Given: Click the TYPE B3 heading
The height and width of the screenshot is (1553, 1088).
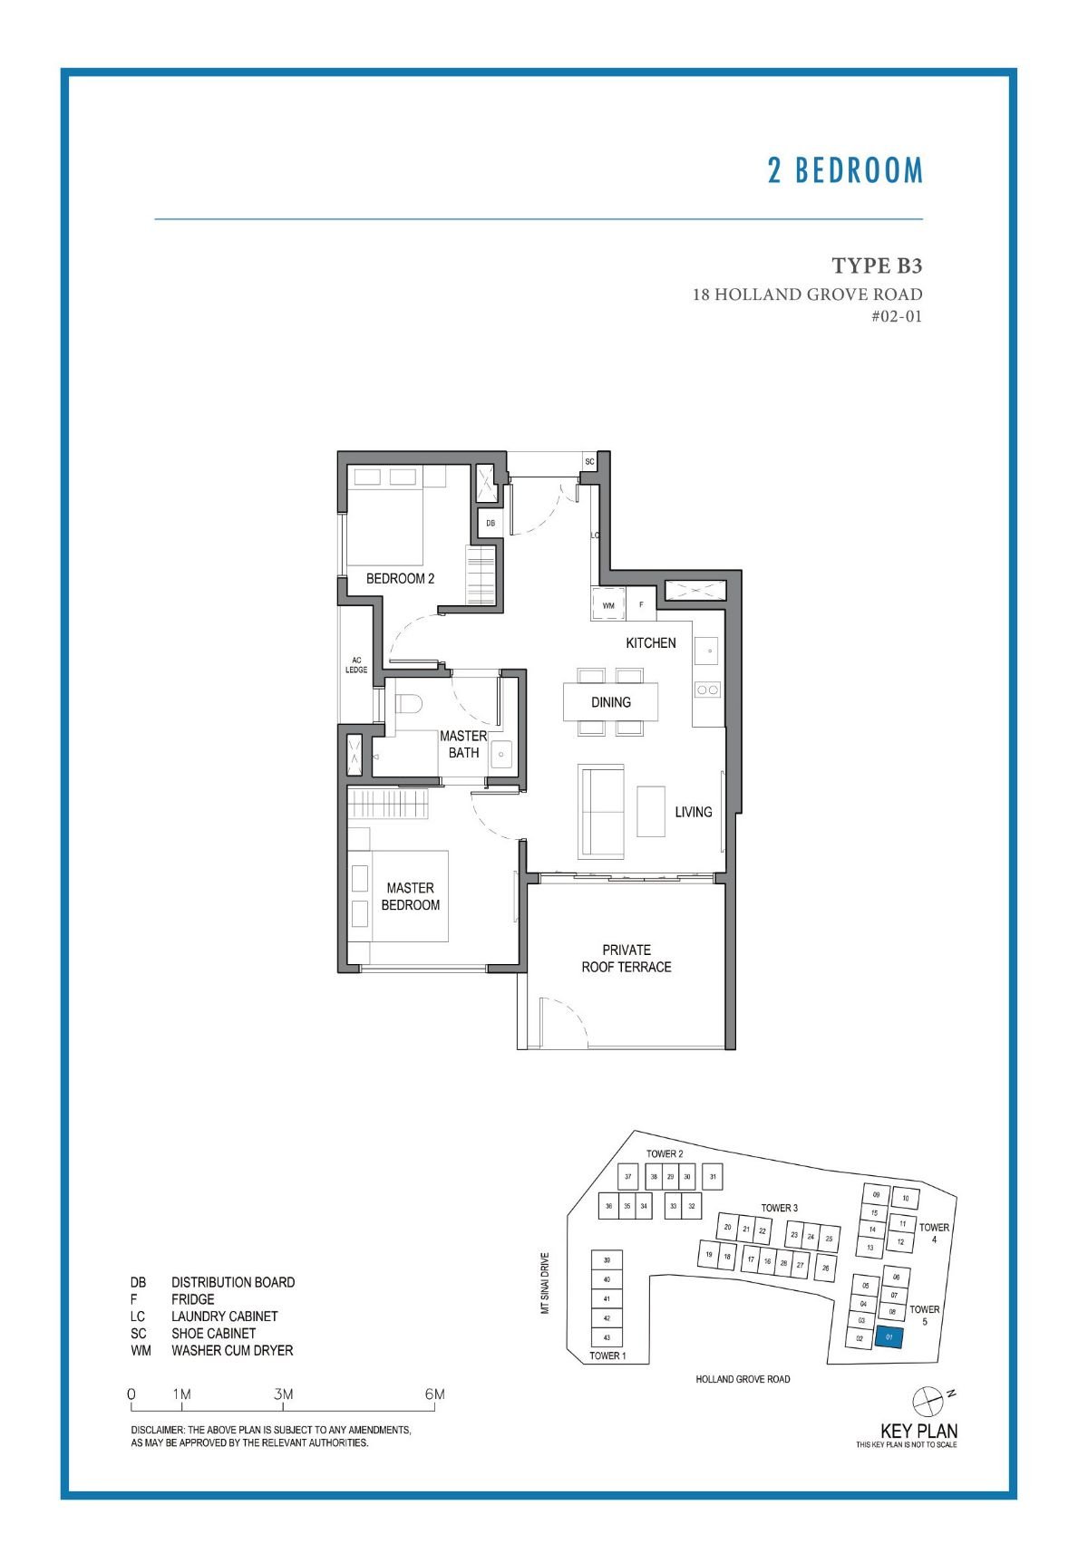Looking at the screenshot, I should point(876,265).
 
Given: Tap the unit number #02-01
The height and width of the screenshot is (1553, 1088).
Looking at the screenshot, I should point(896,316).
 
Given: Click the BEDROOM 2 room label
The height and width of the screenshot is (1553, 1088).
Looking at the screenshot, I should point(400,578).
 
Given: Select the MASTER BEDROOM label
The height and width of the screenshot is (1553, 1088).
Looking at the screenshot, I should point(410,896).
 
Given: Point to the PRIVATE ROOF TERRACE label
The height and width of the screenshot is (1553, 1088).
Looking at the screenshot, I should point(626,959).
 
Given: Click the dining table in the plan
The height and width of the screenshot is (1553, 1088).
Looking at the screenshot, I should point(610,702).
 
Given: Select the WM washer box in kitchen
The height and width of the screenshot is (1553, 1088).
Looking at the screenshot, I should point(608,604).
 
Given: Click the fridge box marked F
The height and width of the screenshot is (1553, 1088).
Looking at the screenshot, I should point(641,604).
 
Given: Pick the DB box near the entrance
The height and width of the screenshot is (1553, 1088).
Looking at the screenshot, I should point(491,523).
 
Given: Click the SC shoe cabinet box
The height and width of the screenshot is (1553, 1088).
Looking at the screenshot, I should point(589,462).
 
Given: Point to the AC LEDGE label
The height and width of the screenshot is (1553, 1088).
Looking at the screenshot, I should point(356,665).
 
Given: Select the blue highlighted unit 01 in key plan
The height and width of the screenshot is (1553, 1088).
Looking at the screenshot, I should point(889,1337).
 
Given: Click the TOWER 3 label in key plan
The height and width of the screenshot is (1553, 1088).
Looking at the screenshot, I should point(779,1208).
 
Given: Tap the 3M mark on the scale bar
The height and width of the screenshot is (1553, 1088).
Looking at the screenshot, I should point(284,1394).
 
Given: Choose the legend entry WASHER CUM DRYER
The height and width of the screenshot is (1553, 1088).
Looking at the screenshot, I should point(232,1350).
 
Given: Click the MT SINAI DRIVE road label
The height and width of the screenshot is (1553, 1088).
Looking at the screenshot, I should point(545,1283).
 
